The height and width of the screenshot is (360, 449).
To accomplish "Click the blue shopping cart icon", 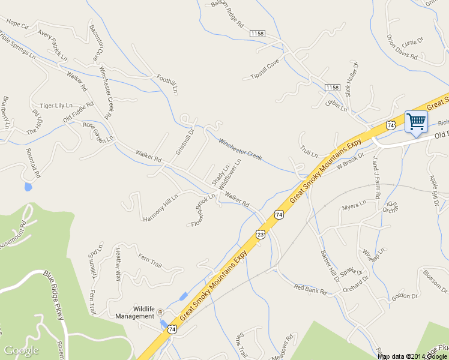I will coord(416,122).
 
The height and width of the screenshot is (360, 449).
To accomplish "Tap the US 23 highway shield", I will coord(259,234).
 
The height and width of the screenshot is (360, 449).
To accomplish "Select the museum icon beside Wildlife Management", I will coord(160,312).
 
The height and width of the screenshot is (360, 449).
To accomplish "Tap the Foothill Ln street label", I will coord(167,83).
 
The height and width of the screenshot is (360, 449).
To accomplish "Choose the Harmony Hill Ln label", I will coord(161,208).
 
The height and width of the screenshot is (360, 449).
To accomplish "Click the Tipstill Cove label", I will coord(265,70).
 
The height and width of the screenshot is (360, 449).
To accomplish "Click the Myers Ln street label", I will coord(354,207).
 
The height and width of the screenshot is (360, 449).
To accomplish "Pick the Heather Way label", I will coord(118,265).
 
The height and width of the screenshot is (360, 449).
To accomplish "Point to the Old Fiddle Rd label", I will coord(79,112).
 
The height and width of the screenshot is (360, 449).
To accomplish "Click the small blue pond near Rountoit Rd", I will coord(28,187).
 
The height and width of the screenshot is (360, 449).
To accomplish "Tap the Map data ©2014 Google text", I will coord(412,356).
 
